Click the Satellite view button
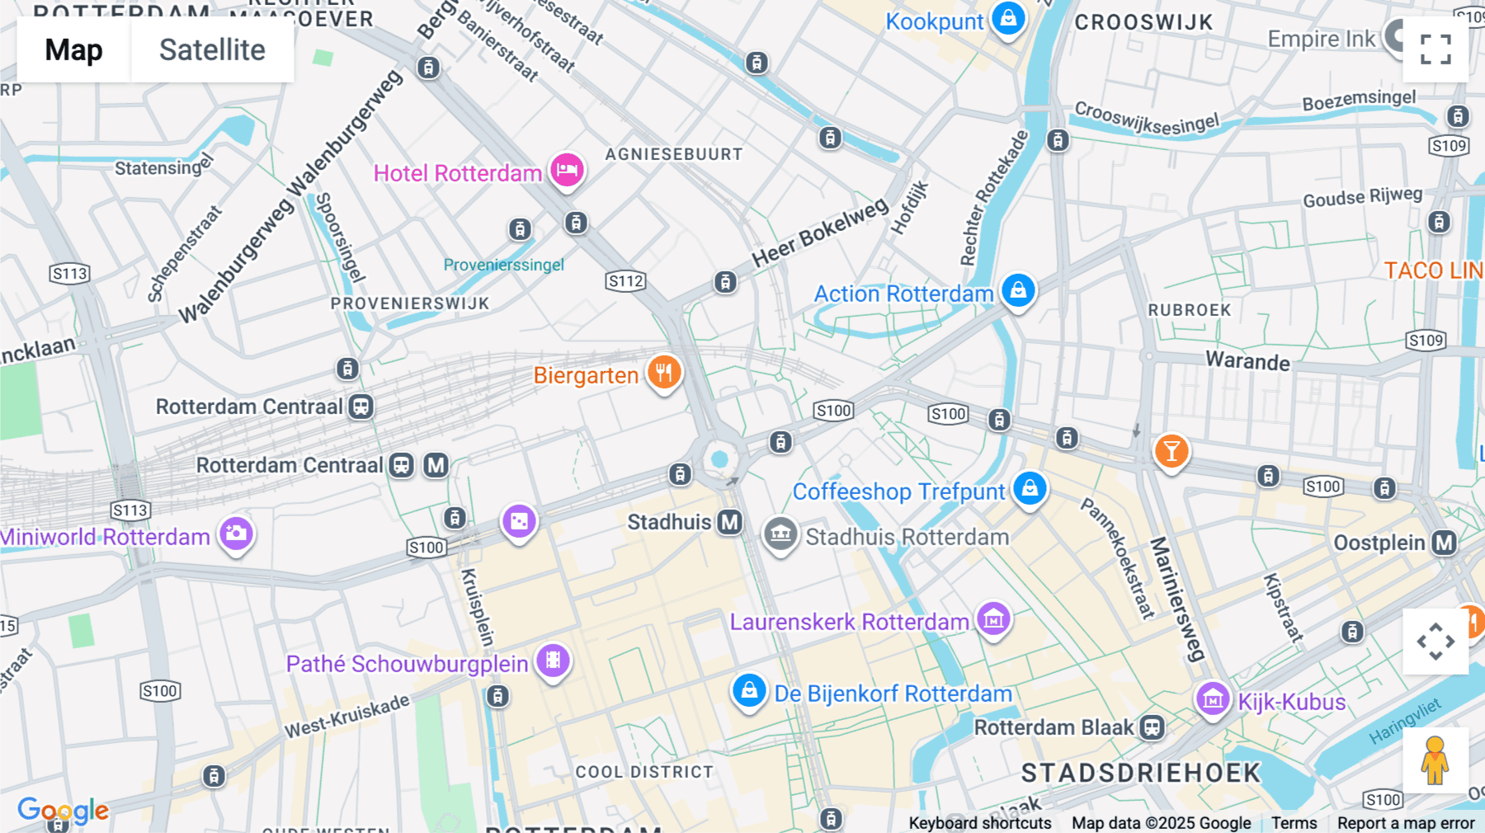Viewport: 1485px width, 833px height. click(212, 50)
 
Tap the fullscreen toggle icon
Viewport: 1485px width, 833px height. click(1435, 49)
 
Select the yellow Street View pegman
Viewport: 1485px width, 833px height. click(1435, 760)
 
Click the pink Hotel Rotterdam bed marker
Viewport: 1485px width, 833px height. click(567, 170)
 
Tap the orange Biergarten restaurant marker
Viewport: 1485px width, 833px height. click(664, 373)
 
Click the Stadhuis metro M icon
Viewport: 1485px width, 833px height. click(729, 522)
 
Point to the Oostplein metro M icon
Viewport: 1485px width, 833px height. click(1444, 543)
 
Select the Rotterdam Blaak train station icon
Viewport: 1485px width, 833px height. click(1153, 727)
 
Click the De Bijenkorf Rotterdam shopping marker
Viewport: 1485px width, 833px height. click(749, 690)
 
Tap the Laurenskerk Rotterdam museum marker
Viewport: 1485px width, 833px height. click(993, 618)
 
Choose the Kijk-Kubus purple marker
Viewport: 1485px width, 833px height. click(1213, 699)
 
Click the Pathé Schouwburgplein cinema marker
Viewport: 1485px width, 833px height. click(553, 661)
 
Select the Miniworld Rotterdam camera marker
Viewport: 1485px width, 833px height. click(236, 534)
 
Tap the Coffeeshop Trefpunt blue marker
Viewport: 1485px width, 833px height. click(1030, 488)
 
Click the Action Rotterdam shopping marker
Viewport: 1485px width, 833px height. click(1018, 290)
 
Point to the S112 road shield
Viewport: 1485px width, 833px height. click(625, 281)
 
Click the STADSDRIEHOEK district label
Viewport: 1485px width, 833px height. click(1141, 773)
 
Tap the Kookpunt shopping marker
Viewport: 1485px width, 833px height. click(1008, 18)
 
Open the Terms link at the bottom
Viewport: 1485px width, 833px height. click(1294, 822)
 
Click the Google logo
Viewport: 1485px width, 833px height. click(63, 811)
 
